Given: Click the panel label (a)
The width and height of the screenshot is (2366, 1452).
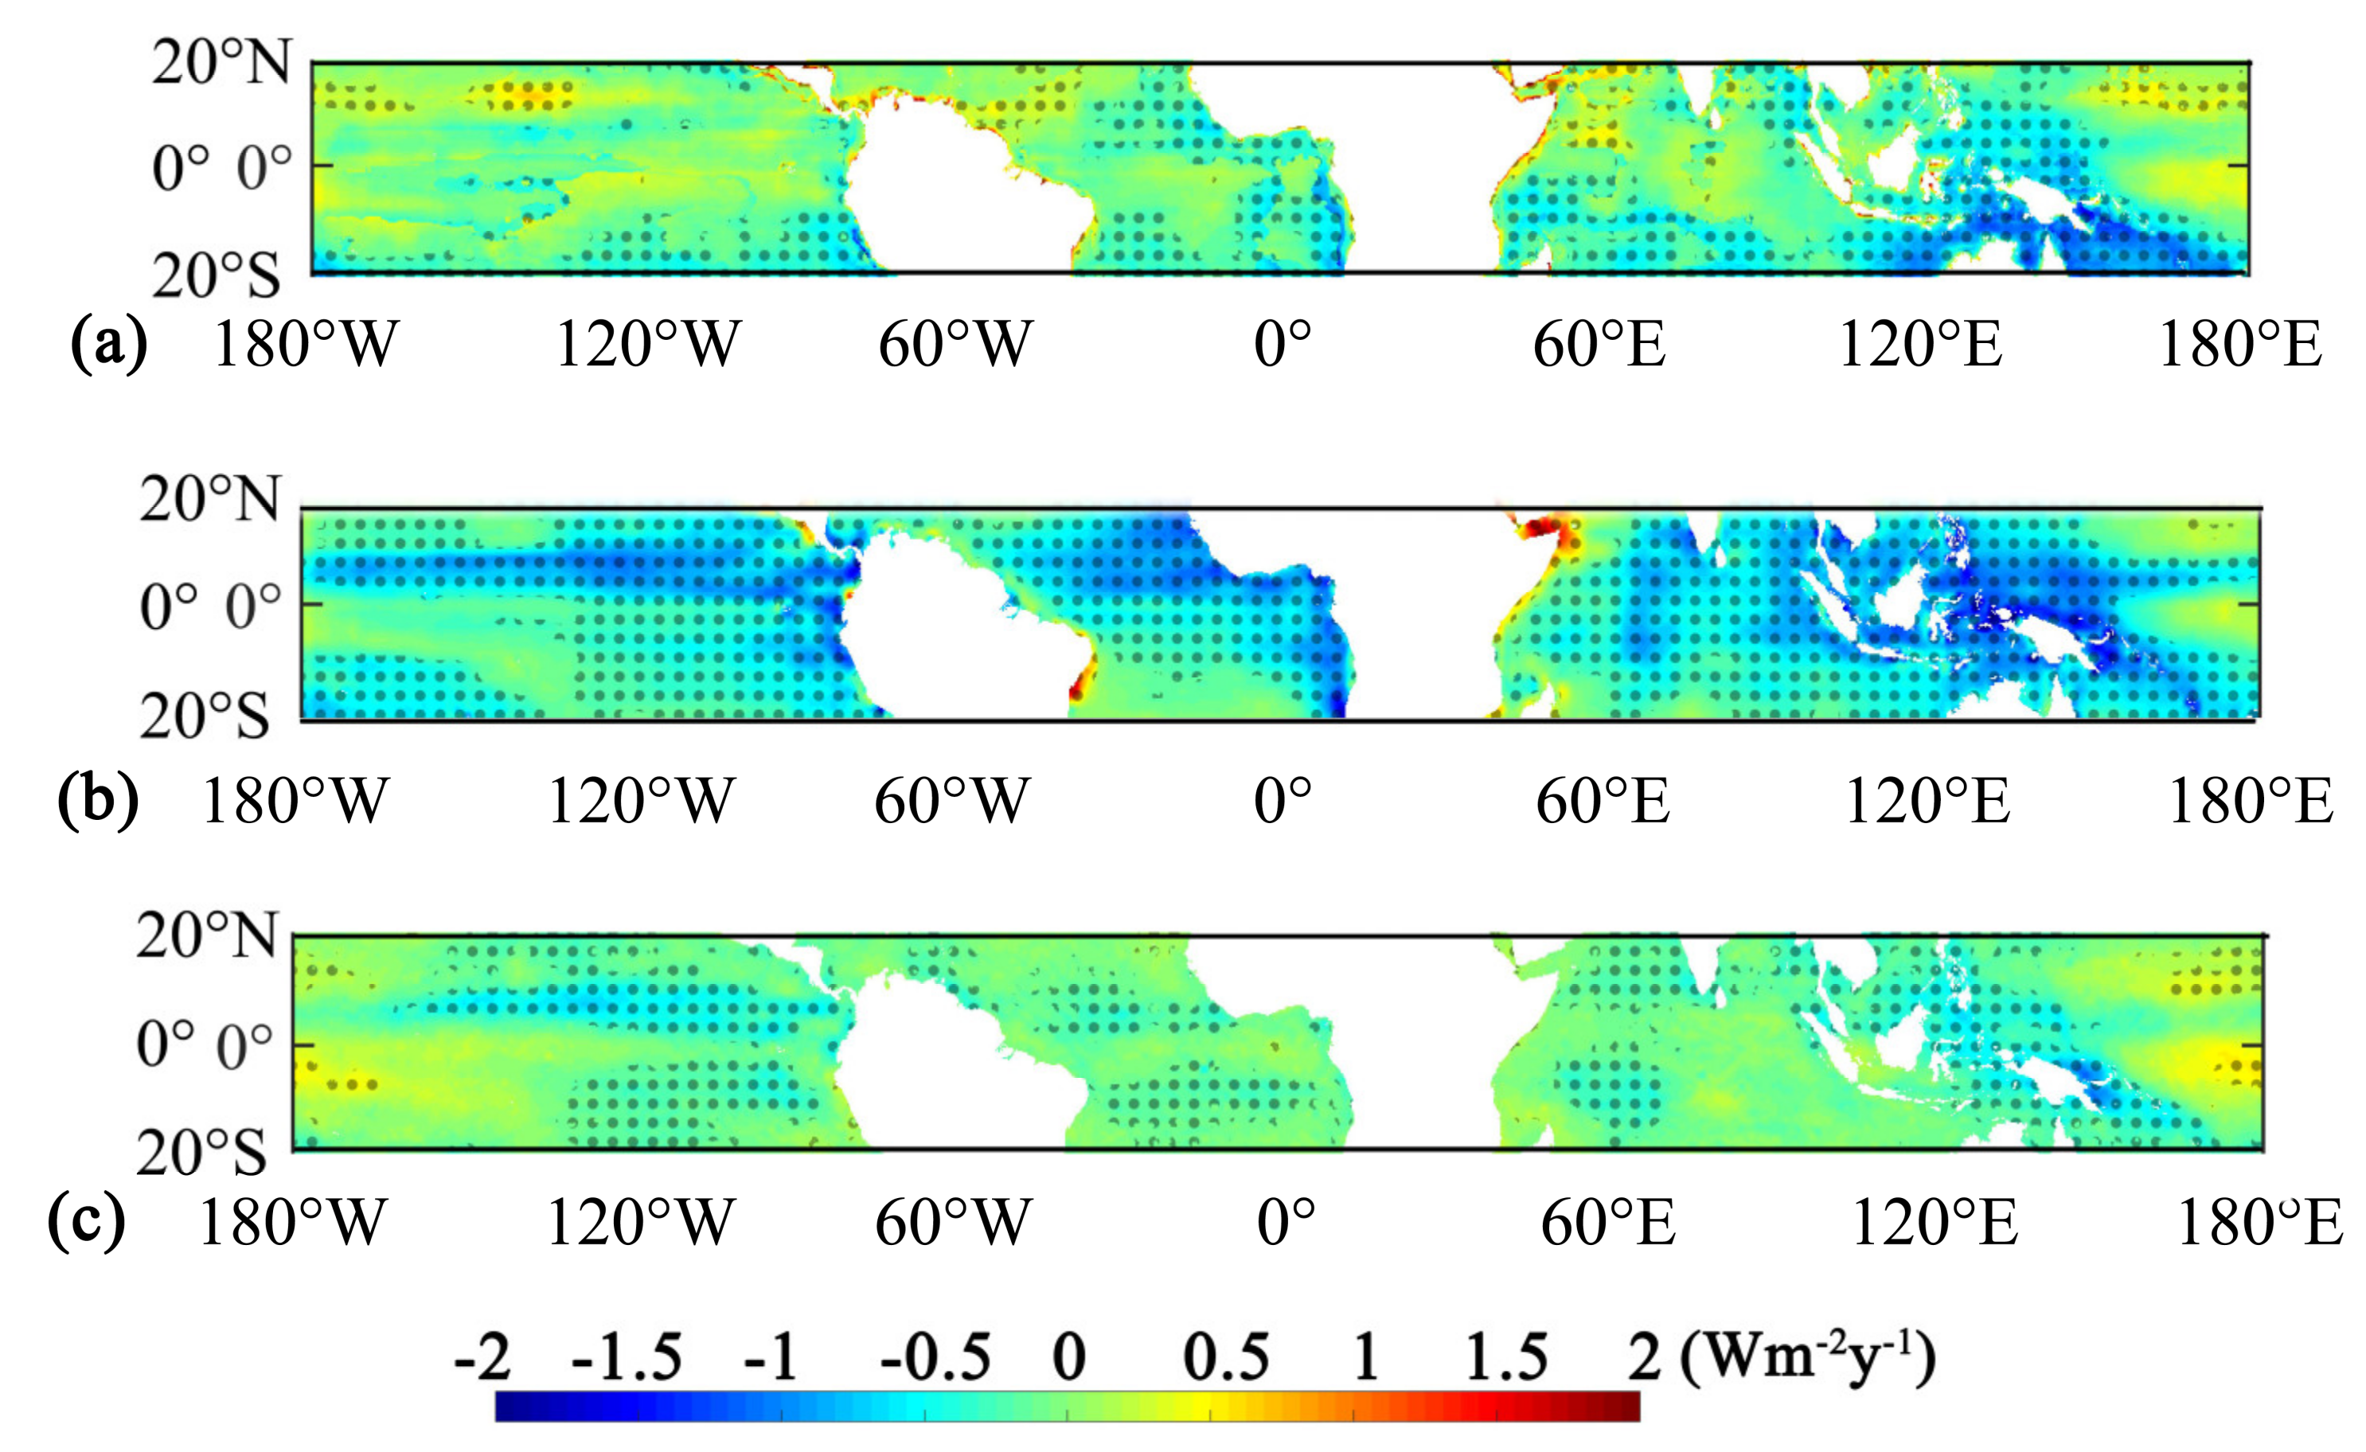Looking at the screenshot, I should pos(108,344).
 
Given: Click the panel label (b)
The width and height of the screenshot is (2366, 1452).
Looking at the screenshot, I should pos(97,799).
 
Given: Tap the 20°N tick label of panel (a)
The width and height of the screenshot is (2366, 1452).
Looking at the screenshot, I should pos(220,64).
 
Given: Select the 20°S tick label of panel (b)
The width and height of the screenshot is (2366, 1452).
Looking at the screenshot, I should pos(205,716).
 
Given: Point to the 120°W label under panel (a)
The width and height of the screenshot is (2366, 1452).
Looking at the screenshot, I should pos(648,344).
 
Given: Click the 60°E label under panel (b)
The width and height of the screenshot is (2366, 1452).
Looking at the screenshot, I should pos(1603,801).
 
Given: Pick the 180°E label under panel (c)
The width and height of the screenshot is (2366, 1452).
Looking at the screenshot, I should pos(2259,1224).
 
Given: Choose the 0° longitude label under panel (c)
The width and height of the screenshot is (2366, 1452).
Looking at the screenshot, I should pos(1286,1224).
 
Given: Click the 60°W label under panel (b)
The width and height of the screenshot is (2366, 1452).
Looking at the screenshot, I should pos(951,801).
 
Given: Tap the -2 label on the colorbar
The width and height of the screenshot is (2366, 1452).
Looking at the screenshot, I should pos(482,1358).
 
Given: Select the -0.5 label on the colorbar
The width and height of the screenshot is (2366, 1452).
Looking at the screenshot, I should pos(935,1358).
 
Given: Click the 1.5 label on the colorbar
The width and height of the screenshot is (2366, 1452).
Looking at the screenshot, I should pos(1505,1358).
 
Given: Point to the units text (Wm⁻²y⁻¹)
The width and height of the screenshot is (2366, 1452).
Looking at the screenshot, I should pos(1807,1358).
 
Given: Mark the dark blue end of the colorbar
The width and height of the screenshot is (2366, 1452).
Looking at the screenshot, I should pos(507,1407).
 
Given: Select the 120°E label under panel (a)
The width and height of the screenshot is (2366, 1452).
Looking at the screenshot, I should pos(1919,344).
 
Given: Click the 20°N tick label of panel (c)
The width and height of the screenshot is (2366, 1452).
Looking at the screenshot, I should pos(205,935).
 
